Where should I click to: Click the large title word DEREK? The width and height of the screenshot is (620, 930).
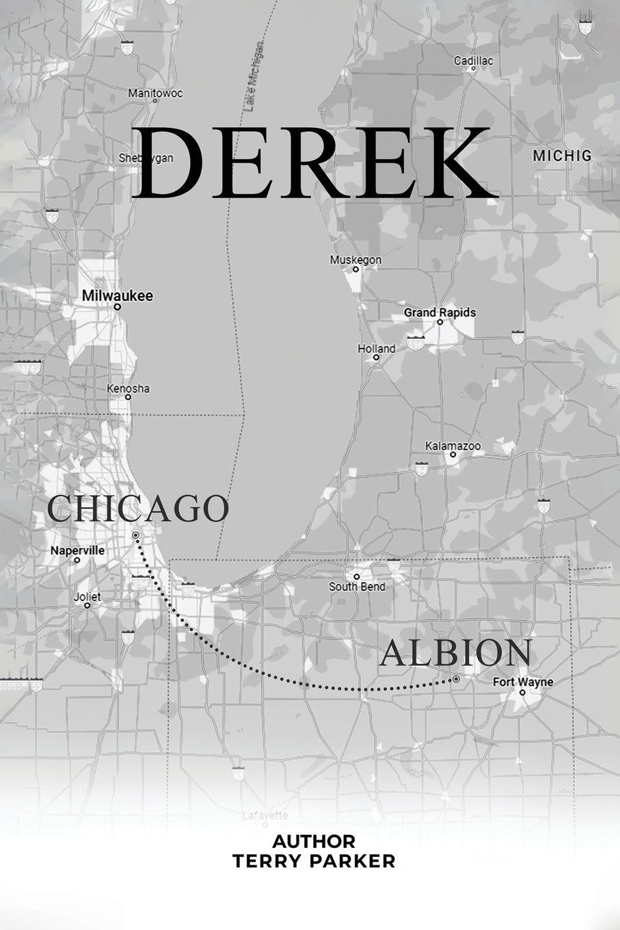click(316, 163)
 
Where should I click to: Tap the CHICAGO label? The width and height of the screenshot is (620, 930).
click(138, 508)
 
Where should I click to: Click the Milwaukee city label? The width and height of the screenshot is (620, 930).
click(117, 296)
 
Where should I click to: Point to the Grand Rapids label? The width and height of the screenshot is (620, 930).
click(440, 313)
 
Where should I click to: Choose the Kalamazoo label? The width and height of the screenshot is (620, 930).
click(453, 446)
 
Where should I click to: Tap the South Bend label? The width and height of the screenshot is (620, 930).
click(357, 586)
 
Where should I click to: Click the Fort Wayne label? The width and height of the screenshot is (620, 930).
click(523, 682)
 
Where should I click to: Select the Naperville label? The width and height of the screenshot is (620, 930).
click(78, 550)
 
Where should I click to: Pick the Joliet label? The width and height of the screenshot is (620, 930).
click(87, 597)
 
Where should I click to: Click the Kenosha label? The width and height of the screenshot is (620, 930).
click(128, 388)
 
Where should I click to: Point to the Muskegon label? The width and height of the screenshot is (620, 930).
click(355, 260)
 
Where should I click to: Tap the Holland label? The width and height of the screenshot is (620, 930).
click(377, 349)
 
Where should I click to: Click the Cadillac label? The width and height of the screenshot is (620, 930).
click(473, 61)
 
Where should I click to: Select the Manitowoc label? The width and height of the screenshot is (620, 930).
click(155, 92)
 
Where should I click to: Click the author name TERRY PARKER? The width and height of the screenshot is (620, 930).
click(314, 861)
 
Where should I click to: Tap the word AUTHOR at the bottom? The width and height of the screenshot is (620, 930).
click(314, 840)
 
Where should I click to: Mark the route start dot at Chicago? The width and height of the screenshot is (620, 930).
click(136, 535)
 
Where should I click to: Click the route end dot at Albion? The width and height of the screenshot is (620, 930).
click(455, 680)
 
